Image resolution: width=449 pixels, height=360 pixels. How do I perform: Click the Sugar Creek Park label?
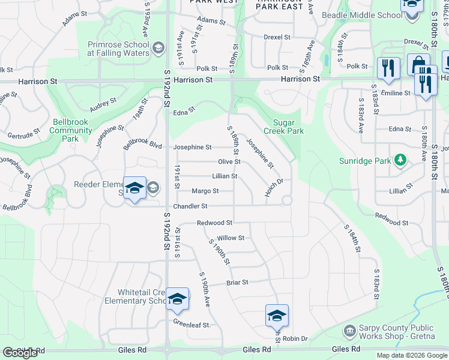click(284, 127)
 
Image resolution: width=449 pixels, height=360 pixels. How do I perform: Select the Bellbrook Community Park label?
click(71, 130)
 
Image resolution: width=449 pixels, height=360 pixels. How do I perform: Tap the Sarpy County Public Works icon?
click(349, 331)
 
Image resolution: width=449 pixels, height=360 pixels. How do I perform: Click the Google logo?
click(20, 353)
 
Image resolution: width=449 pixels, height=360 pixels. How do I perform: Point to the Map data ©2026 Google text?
click(412, 355)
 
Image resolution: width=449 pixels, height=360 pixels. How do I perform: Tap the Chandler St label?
click(190, 206)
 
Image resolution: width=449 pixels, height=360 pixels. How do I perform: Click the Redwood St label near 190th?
click(215, 223)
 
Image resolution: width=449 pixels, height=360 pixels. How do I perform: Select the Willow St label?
click(231, 238)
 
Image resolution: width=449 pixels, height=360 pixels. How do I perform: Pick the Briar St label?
click(237, 282)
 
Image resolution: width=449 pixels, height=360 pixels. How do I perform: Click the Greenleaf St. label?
click(192, 325)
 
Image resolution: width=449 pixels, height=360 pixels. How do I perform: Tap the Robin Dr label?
click(295, 339)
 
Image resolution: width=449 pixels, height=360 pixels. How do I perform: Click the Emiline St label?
click(396, 93)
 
